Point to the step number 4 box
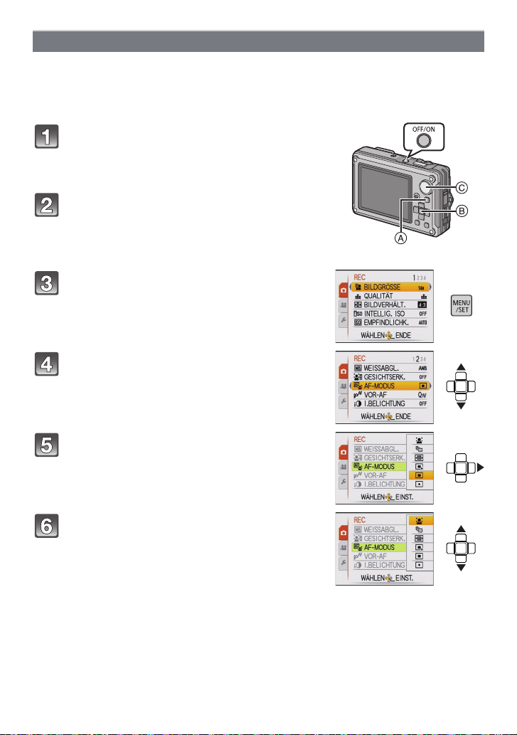point(48,366)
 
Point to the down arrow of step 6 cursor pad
point(461,569)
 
